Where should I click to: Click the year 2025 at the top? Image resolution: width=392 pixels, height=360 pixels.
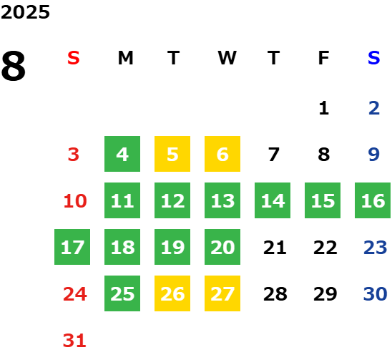point(25,12)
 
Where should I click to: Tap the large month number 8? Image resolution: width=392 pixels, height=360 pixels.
point(14,66)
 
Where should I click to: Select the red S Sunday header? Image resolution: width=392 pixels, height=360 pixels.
point(74,58)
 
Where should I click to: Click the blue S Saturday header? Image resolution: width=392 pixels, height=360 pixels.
point(374,58)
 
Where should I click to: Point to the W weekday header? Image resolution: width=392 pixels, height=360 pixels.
point(227,58)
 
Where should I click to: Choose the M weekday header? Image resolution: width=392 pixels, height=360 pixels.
point(125,58)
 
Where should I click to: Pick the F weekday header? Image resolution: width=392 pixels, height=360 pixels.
point(324,58)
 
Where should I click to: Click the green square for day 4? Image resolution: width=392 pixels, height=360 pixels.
point(122,154)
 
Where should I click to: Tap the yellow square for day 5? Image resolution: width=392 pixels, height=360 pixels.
point(172,154)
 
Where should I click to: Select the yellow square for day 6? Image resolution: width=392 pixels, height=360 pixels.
point(222,154)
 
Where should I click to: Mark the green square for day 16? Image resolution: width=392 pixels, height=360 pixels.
point(373,200)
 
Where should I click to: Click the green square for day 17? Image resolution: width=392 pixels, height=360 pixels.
point(72,247)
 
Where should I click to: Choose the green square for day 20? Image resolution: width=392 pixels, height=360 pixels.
point(222,247)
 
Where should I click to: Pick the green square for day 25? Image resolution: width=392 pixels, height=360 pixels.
point(122,293)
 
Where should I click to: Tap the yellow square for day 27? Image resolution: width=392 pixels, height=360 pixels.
point(222,293)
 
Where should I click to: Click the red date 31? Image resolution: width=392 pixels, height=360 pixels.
point(74,341)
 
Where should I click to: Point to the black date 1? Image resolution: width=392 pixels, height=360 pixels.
point(324,108)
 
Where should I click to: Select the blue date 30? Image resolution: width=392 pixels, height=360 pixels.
point(376,293)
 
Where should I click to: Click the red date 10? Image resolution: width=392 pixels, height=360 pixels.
point(75,200)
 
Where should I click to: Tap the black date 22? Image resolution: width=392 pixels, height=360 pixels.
point(325,248)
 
